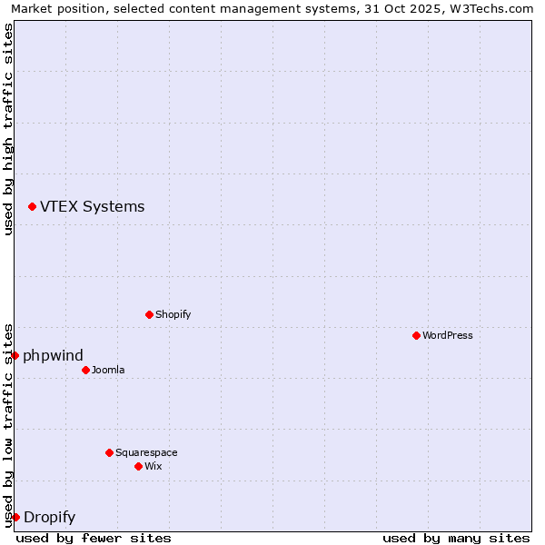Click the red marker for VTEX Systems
coord(32,207)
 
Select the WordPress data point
coord(416,335)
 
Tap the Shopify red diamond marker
coord(149,314)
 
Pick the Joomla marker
coord(85,370)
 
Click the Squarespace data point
coord(109,452)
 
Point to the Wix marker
coord(138,466)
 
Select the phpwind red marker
coord(15,355)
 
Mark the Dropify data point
coord(15,518)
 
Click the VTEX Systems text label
coord(92,207)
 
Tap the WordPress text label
coord(448,335)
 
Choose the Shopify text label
coord(173,314)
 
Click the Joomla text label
coord(108,370)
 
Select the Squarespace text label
coord(146,452)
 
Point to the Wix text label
coord(153,466)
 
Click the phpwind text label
coord(53,355)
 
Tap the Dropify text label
coord(49,518)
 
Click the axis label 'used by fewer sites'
coord(94,538)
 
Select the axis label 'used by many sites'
coord(456,538)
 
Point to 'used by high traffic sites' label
coord(8,129)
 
